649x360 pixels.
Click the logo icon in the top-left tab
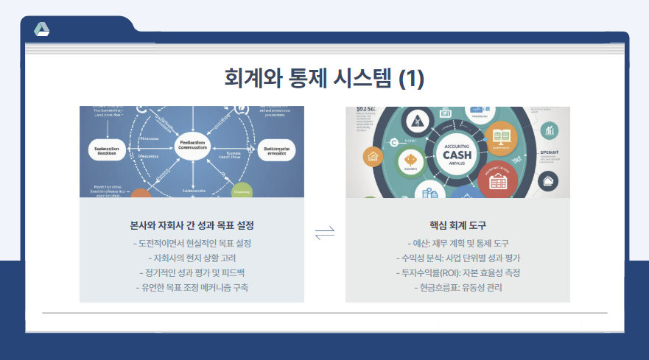[42, 29]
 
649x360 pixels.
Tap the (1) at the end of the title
[411, 78]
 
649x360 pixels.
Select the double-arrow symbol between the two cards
[325, 233]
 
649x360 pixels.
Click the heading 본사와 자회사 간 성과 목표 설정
[192, 224]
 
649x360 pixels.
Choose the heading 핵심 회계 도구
[457, 224]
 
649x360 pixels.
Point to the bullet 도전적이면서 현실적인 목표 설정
[192, 243]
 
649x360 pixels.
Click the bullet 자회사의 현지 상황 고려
[192, 258]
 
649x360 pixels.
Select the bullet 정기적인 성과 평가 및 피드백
[192, 272]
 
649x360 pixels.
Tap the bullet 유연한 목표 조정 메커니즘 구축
[192, 287]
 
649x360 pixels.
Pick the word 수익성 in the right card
[413, 258]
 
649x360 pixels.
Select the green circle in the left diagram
[242, 190]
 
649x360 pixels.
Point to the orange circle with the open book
[502, 137]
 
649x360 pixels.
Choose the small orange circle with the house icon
[373, 156]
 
